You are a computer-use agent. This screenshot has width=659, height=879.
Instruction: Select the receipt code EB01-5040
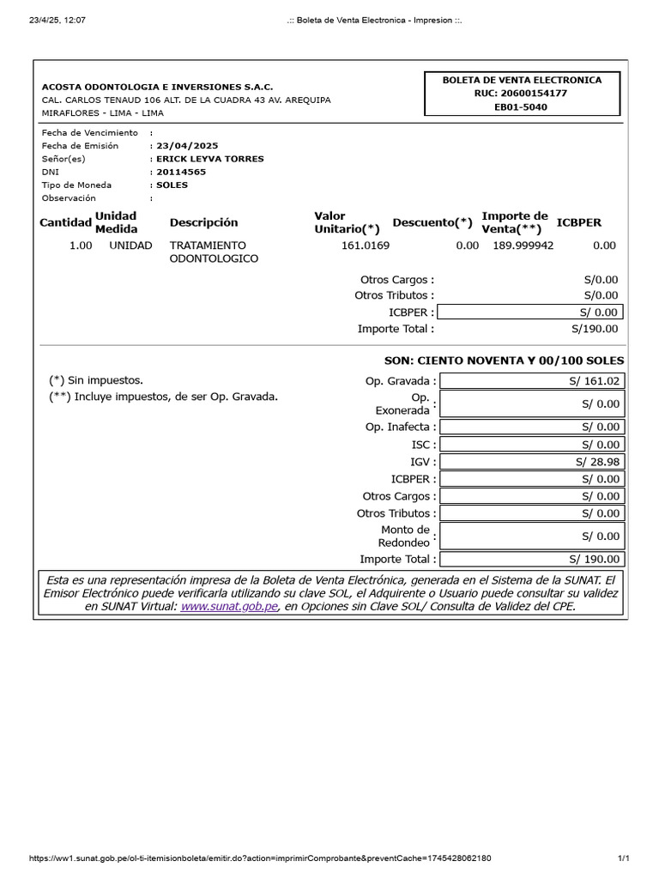coord(521,107)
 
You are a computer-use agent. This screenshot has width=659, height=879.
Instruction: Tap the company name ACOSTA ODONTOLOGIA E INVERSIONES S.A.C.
coord(158,87)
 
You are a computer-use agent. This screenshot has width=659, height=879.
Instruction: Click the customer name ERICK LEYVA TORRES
coord(209,159)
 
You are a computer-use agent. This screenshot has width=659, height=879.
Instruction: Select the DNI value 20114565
coord(181,172)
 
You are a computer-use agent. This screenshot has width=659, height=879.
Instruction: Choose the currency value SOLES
coord(172,185)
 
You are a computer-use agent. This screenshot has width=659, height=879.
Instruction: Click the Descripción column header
coord(204,222)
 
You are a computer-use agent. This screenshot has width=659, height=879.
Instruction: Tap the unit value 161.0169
coord(365,246)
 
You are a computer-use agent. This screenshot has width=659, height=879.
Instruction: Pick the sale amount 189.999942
coord(523,246)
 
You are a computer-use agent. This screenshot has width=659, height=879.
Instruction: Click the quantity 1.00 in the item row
coord(81,246)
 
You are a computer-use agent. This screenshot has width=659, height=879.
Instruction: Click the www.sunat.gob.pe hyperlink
coord(229,606)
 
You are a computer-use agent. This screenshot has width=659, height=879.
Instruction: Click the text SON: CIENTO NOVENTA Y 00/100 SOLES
coord(505,361)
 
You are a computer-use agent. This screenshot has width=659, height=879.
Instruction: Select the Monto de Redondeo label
coord(406,536)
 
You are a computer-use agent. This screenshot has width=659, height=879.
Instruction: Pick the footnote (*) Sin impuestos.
coord(96,380)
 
